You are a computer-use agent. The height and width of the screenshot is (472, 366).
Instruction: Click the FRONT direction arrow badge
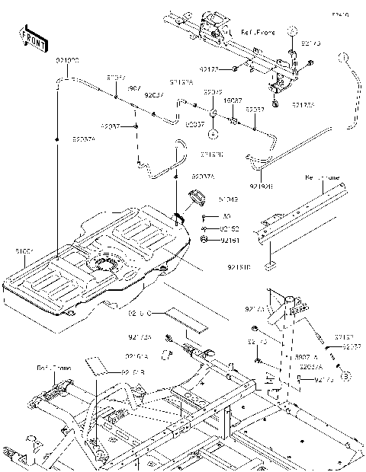[x=30, y=38]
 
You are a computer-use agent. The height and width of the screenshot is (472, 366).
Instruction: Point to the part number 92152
[x=230, y=228]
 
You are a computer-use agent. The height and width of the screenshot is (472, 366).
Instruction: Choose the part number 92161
[x=230, y=240]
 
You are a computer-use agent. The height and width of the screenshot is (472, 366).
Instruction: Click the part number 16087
[x=233, y=100]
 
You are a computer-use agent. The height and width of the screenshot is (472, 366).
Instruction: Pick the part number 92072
[x=213, y=92]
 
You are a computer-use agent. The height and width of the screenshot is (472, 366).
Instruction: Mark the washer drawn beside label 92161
[x=204, y=240]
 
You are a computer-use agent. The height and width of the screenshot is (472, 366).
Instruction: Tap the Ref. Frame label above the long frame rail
[x=321, y=177]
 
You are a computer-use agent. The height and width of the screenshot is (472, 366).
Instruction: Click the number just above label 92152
[x=226, y=217]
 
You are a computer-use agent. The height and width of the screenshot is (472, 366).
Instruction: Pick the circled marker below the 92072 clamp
[x=214, y=132]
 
